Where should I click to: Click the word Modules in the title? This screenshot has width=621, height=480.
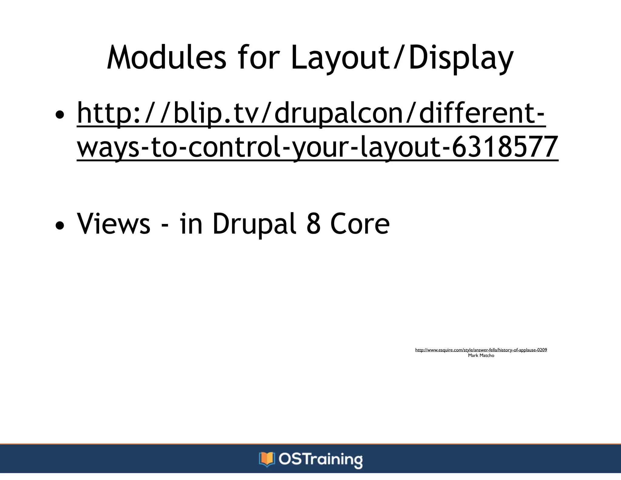[166, 58]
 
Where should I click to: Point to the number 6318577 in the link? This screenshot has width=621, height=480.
[505, 147]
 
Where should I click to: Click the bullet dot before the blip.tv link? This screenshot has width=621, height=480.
[60, 115]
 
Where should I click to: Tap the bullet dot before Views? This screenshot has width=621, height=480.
[60, 225]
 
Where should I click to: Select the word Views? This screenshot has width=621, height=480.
[114, 224]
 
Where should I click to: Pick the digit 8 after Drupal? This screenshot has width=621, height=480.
[314, 224]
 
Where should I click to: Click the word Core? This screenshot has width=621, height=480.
[360, 224]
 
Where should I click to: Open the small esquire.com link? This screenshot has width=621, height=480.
[481, 350]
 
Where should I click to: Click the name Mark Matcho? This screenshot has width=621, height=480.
[481, 355]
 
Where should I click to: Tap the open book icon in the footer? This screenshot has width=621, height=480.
[267, 459]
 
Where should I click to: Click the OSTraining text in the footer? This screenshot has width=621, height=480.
[321, 459]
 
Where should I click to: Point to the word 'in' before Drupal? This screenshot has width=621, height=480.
[191, 224]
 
